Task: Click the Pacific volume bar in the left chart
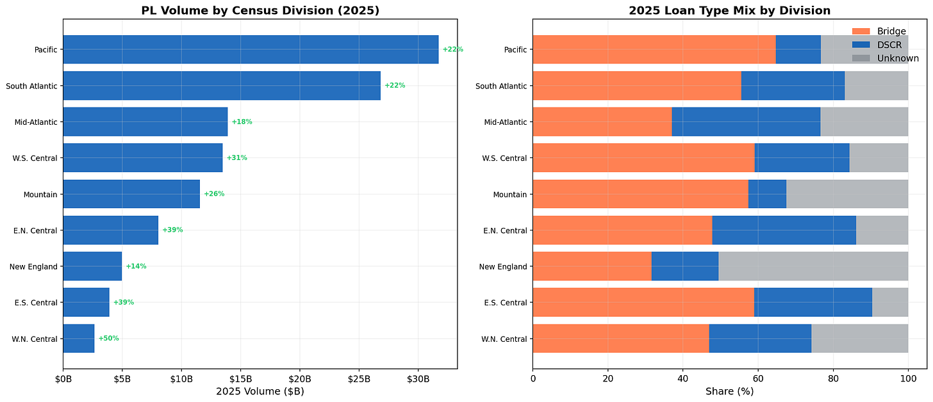pyautogui.click(x=251, y=49)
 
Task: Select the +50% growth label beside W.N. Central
pyautogui.click(x=108, y=338)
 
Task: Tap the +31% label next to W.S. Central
pyautogui.click(x=236, y=157)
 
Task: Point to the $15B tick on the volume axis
pyautogui.click(x=240, y=379)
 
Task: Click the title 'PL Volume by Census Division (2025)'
pyautogui.click(x=260, y=10)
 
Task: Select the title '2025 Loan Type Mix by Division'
pyautogui.click(x=729, y=10)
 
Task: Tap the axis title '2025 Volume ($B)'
pyautogui.click(x=260, y=390)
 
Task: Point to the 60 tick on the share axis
pyautogui.click(x=758, y=379)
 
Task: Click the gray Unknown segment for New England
pyautogui.click(x=813, y=266)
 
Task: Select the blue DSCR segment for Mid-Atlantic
pyautogui.click(x=746, y=122)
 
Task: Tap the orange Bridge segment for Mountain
pyautogui.click(x=640, y=194)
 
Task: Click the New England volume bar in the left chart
pyautogui.click(x=92, y=266)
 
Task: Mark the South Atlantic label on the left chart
pyautogui.click(x=31, y=86)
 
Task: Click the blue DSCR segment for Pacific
pyautogui.click(x=798, y=49)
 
